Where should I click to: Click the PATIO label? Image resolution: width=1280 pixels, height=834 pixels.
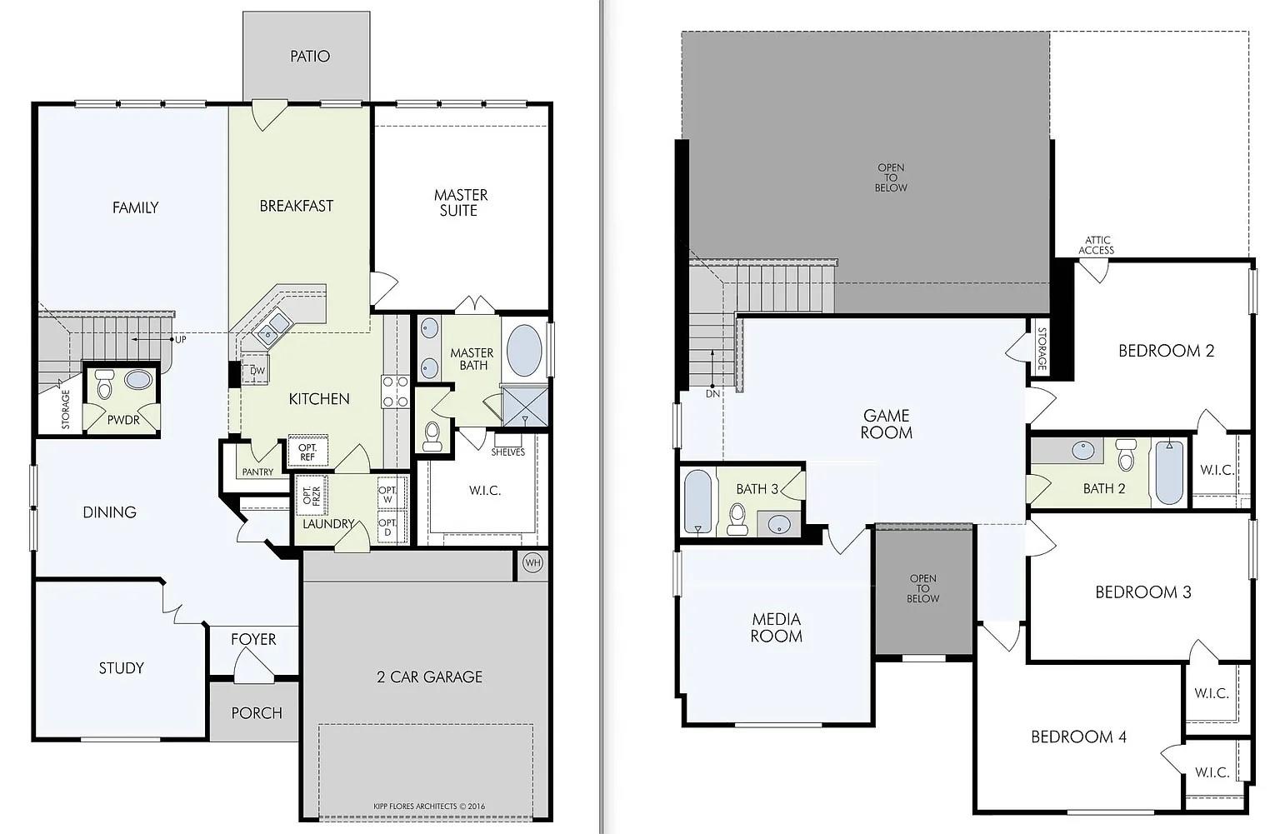tap(309, 57)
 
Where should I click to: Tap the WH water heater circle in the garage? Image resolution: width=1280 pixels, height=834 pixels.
tap(532, 563)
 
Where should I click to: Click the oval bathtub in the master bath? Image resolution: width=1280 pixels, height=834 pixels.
tap(523, 350)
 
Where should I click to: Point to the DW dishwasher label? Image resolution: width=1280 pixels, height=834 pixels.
tap(257, 371)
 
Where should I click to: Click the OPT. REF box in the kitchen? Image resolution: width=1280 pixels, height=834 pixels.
tap(307, 452)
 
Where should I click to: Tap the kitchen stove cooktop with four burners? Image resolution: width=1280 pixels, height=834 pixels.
tap(395, 392)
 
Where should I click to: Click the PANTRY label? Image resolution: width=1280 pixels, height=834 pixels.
tap(257, 472)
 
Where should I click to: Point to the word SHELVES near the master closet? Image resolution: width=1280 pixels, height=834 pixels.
tap(507, 452)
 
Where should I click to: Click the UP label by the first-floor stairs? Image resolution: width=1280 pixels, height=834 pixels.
tap(179, 340)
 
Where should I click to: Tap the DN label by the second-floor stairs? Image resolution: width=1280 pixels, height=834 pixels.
tap(712, 393)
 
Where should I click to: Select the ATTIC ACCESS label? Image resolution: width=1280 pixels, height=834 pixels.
tap(1096, 245)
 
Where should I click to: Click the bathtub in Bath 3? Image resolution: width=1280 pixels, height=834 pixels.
tap(697, 502)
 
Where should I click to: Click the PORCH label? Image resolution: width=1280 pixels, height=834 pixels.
tap(256, 713)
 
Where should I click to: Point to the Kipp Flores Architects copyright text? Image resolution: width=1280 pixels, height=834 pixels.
tap(429, 806)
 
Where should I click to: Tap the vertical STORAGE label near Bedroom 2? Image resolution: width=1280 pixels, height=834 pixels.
tap(1042, 349)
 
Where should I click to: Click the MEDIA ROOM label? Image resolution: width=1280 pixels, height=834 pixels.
tap(776, 627)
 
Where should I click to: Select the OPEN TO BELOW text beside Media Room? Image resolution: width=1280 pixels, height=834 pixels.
tap(922, 588)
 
